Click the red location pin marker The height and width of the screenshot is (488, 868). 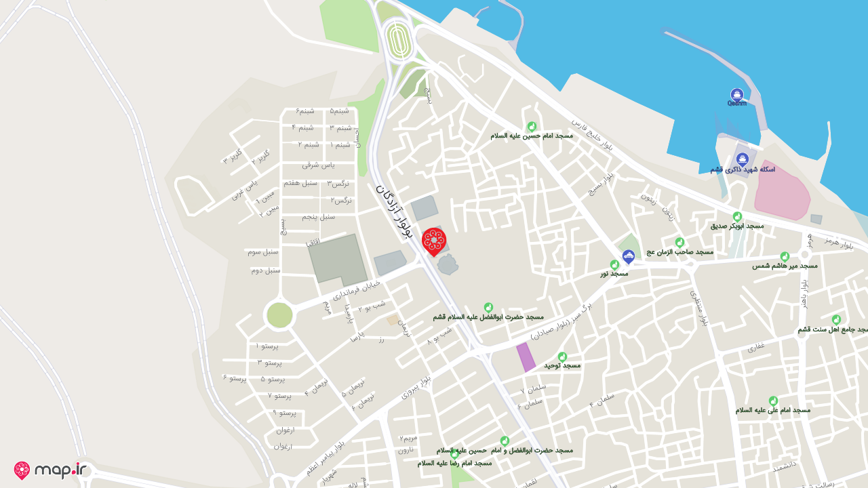click(434, 241)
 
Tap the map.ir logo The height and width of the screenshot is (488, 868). click(51, 470)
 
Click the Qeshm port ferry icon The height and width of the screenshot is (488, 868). click(737, 95)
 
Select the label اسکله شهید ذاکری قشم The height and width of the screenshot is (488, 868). click(743, 169)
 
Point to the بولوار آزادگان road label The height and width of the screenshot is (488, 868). click(394, 211)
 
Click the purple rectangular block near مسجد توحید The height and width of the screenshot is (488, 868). click(526, 357)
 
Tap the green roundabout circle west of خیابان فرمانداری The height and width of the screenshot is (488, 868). click(279, 315)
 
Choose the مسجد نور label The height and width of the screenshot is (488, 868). click(614, 274)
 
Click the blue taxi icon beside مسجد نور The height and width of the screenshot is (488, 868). click(629, 256)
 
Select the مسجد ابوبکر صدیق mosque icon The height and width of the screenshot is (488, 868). click(737, 216)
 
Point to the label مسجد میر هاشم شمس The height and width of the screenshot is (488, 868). click(785, 266)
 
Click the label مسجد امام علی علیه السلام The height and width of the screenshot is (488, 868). click(773, 410)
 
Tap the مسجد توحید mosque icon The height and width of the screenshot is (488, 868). click(562, 357)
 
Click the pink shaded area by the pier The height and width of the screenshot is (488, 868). click(782, 190)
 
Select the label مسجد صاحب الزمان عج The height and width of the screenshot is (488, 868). click(679, 251)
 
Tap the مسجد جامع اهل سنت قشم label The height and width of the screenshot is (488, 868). click(832, 329)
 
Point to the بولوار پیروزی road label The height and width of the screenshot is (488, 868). click(416, 387)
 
